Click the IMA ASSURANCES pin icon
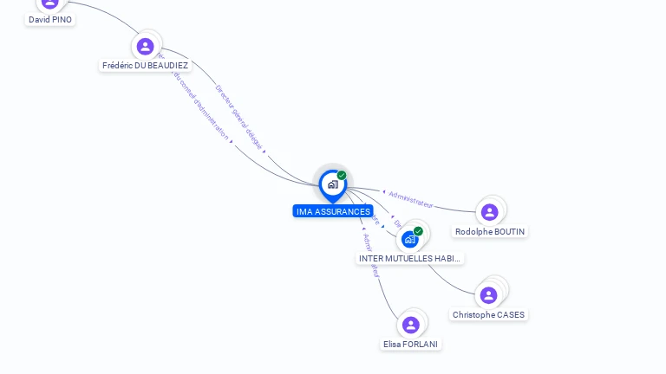tap(332, 184)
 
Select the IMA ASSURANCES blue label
tap(333, 211)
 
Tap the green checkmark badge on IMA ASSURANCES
tap(342, 176)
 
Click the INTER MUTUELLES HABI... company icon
tap(409, 239)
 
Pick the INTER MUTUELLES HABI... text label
tap(410, 258)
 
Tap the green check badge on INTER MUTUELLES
tap(418, 231)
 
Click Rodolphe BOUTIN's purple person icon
tap(489, 212)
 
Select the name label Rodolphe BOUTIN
tap(490, 231)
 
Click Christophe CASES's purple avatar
tap(488, 295)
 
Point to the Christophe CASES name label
tap(488, 314)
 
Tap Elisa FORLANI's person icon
tap(411, 325)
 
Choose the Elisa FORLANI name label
tap(411, 344)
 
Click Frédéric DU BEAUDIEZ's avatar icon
tap(145, 46)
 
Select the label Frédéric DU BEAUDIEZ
tap(145, 65)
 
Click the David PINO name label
tap(50, 19)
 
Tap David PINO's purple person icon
tap(50, 3)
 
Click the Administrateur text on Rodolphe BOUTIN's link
tap(411, 200)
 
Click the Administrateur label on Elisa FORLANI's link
tap(371, 255)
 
